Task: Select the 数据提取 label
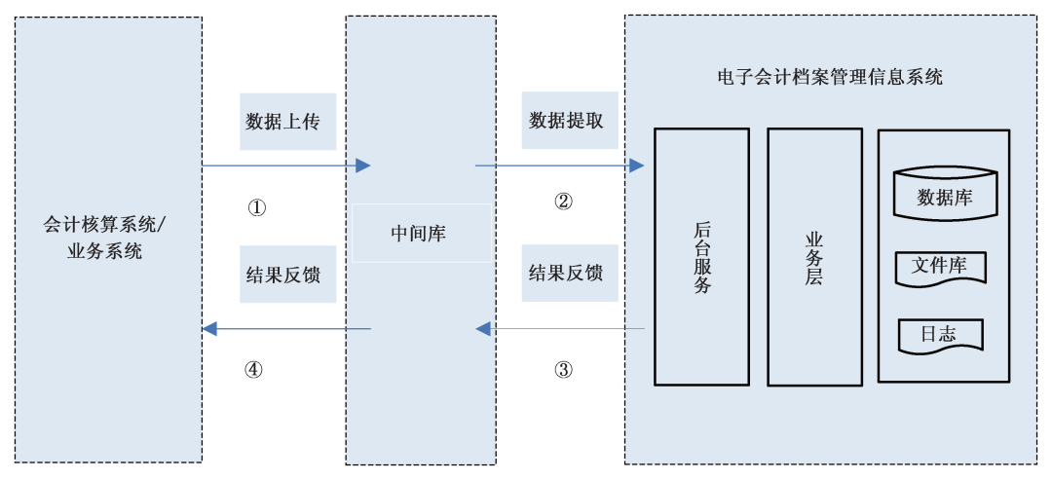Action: tap(566, 121)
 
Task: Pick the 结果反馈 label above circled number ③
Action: tap(566, 273)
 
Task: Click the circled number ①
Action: tap(256, 207)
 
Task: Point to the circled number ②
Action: tap(563, 203)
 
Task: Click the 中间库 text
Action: tap(419, 234)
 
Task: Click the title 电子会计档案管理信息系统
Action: tap(829, 77)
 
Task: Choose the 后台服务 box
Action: tap(701, 256)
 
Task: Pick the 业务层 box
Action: tap(814, 256)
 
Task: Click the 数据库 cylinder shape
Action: tap(945, 195)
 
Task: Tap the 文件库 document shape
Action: tap(940, 267)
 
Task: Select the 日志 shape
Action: tap(938, 334)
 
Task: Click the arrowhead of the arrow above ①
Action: tap(363, 166)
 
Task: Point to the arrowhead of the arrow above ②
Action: tap(637, 166)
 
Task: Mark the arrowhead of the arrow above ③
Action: tap(483, 329)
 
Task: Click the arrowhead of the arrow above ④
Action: tap(209, 329)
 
